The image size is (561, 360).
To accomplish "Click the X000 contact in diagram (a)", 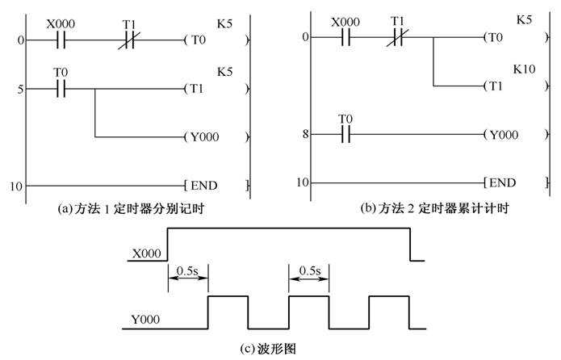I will click(x=61, y=39).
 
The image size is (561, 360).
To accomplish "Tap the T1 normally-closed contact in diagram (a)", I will click(x=129, y=39).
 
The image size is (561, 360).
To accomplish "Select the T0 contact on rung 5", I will click(x=61, y=88).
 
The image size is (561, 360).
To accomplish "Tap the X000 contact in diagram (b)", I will click(x=345, y=37).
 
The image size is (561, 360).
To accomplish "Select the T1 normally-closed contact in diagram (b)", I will click(x=397, y=37).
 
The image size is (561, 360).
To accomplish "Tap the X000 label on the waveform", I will click(x=146, y=254).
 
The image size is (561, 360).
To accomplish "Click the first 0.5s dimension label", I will click(x=187, y=269).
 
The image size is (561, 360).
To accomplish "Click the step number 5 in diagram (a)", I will click(x=17, y=88).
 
